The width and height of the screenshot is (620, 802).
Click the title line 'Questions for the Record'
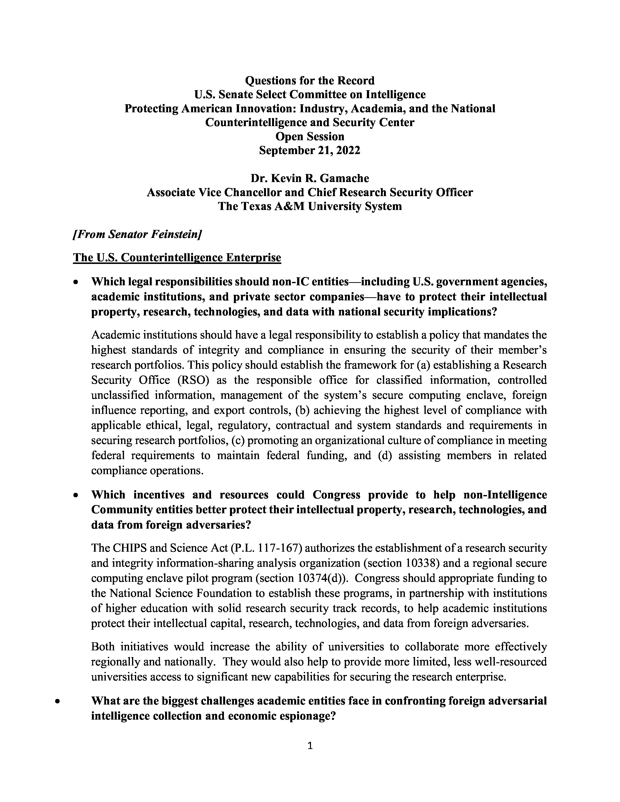tap(310, 80)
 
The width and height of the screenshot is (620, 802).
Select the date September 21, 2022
tap(310, 151)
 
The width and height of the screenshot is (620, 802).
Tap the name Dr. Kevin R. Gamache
tap(310, 178)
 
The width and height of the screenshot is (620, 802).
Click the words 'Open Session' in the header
tap(310, 137)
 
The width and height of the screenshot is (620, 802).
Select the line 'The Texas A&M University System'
tap(310, 206)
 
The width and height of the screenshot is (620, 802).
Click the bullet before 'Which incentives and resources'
tap(76, 495)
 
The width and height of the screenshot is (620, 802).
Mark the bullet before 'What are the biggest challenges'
tap(57, 701)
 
